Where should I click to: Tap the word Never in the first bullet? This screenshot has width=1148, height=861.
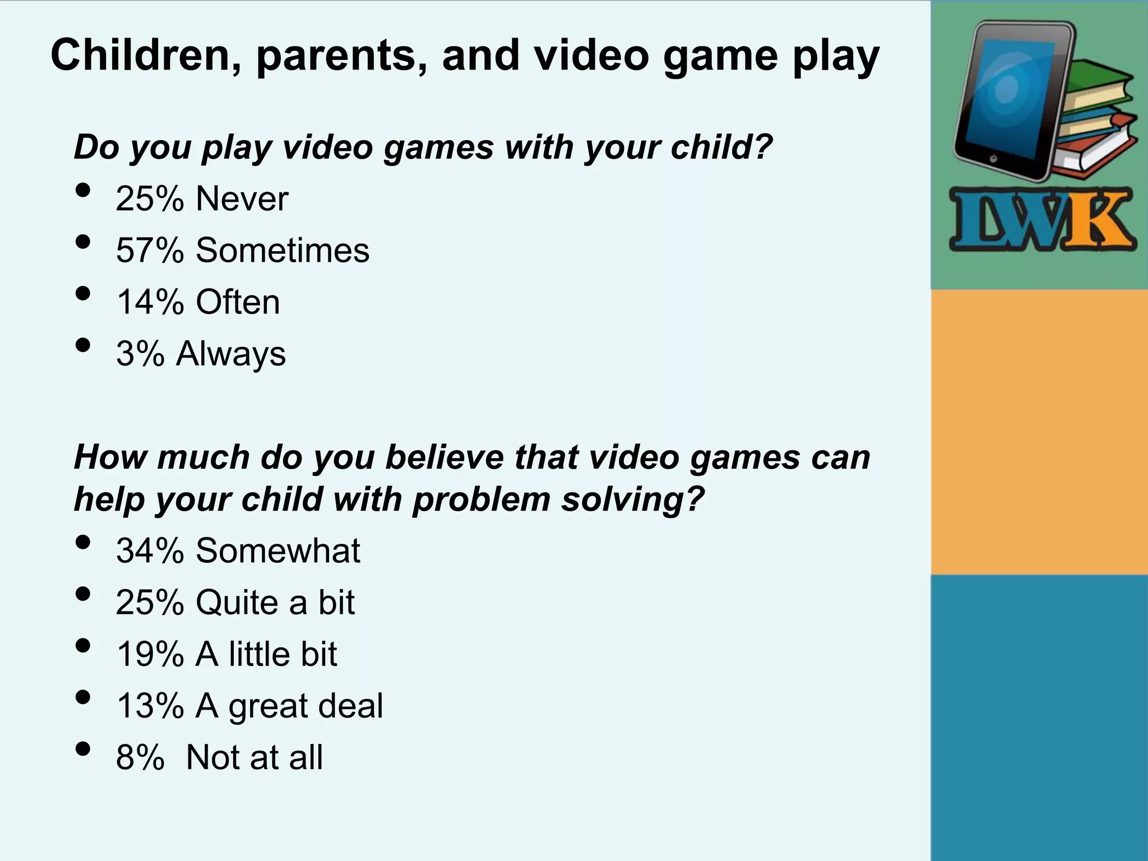coord(242,199)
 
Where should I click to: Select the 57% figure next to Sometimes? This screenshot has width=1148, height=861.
coord(150,251)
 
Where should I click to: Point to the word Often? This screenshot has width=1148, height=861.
coord(238,302)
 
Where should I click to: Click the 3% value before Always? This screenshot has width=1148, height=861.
coord(140,354)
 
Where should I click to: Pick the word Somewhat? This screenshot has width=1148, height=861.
coord(278,550)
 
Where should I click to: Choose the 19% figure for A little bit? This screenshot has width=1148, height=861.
coord(150,654)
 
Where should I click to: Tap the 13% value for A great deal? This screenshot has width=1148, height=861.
coord(150,706)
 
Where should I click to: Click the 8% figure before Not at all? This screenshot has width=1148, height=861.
coord(140,758)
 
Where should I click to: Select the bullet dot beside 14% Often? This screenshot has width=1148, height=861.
coord(82,293)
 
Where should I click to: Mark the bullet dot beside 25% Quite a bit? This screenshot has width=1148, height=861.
coord(82,594)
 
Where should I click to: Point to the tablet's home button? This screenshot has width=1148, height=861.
coord(993,159)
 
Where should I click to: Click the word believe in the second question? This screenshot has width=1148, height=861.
coord(445,457)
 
